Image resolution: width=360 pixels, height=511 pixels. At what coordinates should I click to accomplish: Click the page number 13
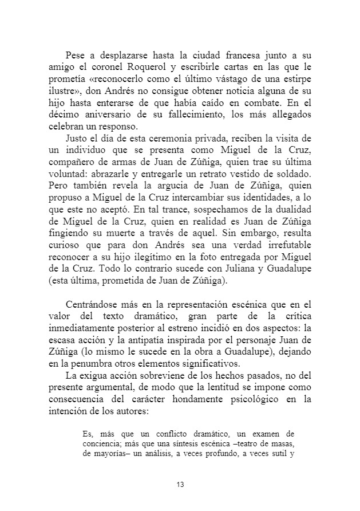tap(180, 485)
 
